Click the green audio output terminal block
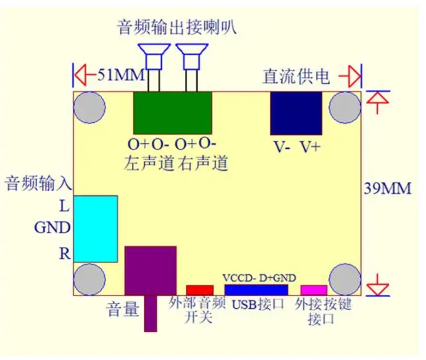173,113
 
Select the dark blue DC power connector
295,114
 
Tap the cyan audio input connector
96,228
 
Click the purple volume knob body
151,270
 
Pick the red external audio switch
200,290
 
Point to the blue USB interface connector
255,290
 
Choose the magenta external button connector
314,290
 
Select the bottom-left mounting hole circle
90,280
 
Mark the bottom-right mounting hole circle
345,279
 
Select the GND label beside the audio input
52,228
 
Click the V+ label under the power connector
309,147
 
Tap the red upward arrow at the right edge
377,100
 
